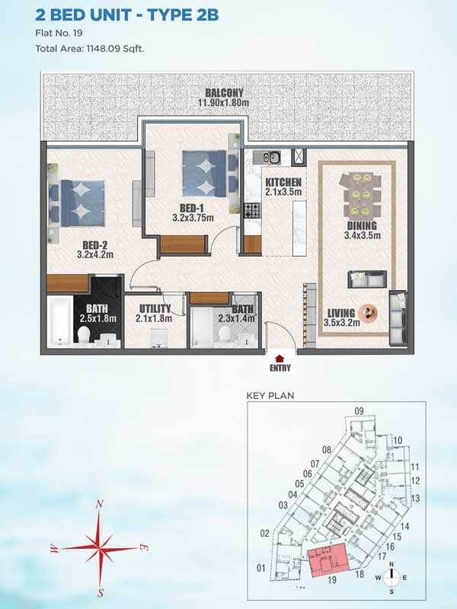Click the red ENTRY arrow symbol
pos(279,358)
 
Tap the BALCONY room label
pos(224,93)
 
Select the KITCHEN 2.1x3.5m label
pos(283,187)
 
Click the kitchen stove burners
pos(252,211)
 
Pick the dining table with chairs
pos(360,195)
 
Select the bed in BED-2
pos(77,202)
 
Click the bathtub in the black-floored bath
pos(60,320)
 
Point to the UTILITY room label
pos(155,309)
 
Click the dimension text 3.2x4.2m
pos(94,255)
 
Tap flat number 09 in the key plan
pos(359,411)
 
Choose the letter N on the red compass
pos(100,504)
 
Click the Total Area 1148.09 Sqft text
pos(90,49)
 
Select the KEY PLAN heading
pos(270,396)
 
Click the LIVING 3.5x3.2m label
pos(341,317)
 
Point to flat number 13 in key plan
pos(415,498)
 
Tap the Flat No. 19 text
pos(59,33)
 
